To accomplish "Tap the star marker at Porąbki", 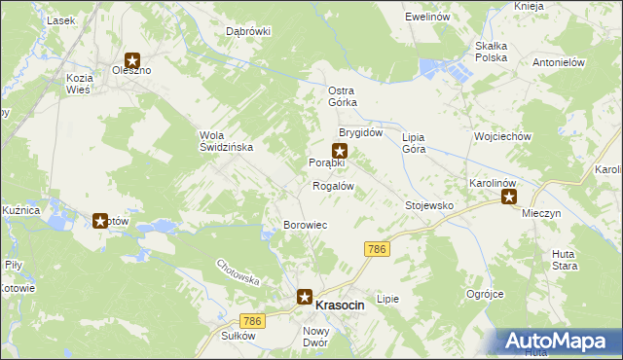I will (340, 150).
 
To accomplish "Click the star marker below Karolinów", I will (508, 197).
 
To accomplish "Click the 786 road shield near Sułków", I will (252, 321).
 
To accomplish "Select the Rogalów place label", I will (332, 186).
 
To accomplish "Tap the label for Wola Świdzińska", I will (226, 141).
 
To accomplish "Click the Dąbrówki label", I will (247, 31).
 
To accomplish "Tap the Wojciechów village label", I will (501, 137).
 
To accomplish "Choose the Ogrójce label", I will (484, 293).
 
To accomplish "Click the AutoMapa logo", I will (559, 341).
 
